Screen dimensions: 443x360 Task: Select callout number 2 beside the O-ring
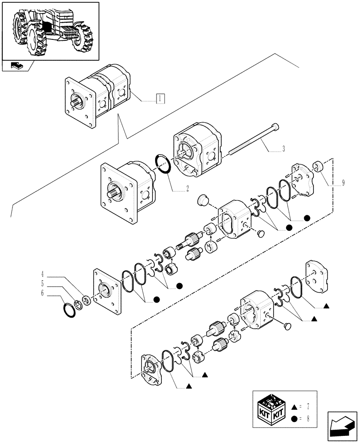[188, 188]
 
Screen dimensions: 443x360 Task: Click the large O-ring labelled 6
[69, 311]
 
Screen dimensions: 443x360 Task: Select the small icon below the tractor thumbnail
[16, 66]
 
